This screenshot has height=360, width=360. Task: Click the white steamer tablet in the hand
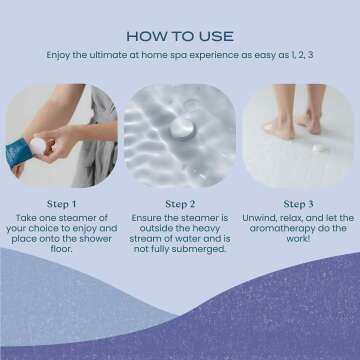pyautogui.click(x=38, y=145)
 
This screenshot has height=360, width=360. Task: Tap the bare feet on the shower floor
pyautogui.click(x=296, y=125)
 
